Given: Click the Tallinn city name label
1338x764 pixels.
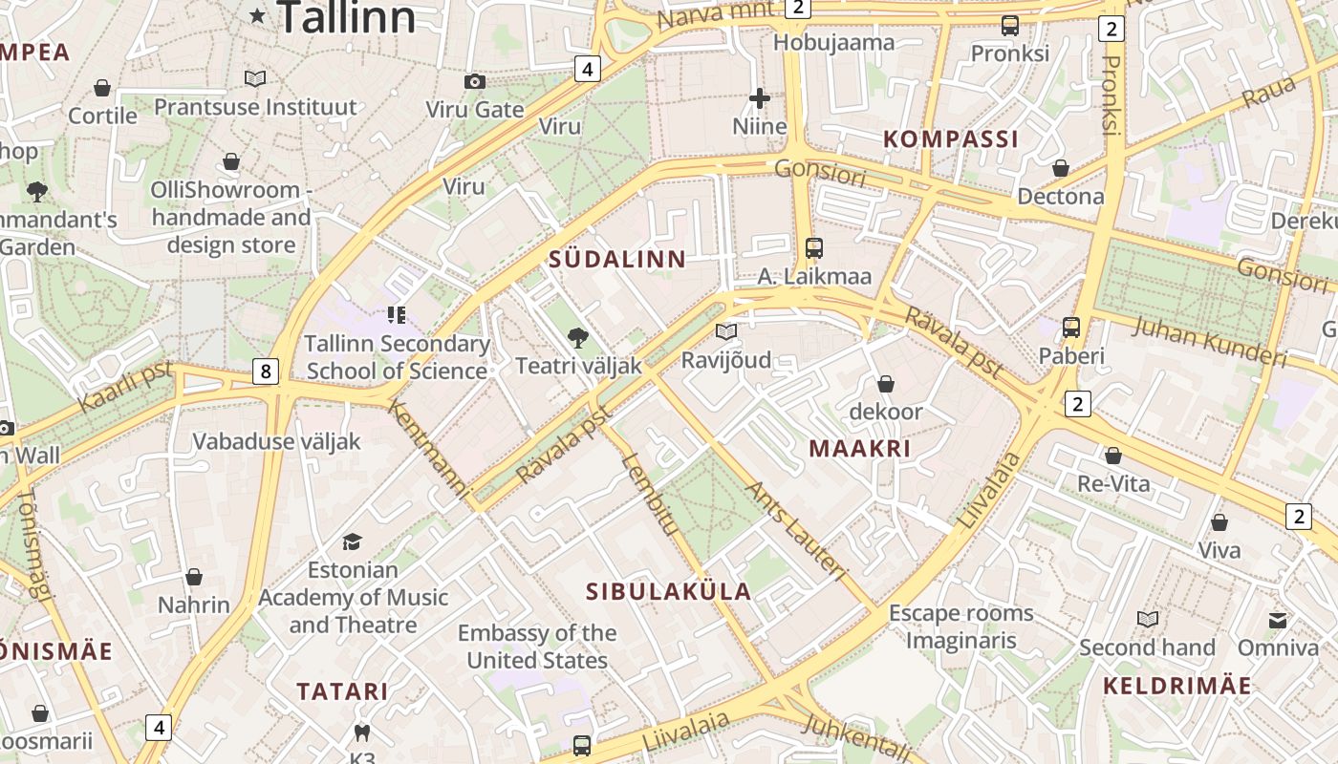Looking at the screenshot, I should tap(346, 17).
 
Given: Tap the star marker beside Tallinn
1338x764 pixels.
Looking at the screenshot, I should tap(258, 14).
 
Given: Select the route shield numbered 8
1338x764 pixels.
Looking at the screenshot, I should tap(266, 371).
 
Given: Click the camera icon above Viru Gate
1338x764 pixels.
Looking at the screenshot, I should tap(474, 82).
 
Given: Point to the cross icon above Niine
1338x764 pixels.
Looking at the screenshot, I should tap(760, 97).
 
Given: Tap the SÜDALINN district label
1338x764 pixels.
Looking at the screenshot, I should tap(617, 259).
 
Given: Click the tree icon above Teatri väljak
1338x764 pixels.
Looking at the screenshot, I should tap(577, 337).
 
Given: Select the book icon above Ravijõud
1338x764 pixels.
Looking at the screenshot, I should tap(726, 331).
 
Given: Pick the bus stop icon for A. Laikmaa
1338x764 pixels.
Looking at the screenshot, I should tap(814, 248).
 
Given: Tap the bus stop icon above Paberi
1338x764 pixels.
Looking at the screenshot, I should tap(1071, 328).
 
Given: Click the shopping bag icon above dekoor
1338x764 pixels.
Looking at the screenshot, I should tap(886, 384).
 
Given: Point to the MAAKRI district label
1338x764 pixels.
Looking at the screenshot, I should tap(859, 448).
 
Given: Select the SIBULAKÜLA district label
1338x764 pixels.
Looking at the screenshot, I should tap(668, 591).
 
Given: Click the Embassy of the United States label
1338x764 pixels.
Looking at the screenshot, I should tap(537, 647).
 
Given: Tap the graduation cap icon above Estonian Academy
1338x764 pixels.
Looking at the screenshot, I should tap(353, 541).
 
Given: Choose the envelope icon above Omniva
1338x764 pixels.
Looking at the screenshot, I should tap(1278, 620).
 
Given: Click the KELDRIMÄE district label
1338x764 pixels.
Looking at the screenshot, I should tap(1176, 686).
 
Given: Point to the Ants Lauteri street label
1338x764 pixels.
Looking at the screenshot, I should tap(795, 531).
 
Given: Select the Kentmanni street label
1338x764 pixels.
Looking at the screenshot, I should tap(429, 449).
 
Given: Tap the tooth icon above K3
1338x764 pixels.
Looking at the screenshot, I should tap(361, 732).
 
